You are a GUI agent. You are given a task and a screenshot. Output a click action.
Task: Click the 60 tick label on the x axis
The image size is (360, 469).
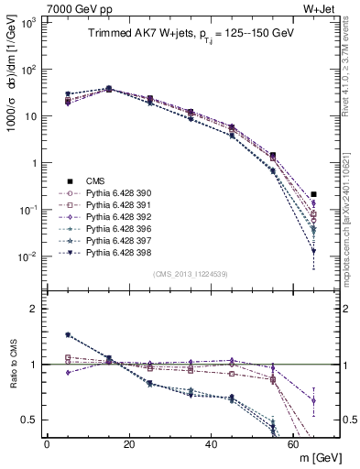tap(293, 445)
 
